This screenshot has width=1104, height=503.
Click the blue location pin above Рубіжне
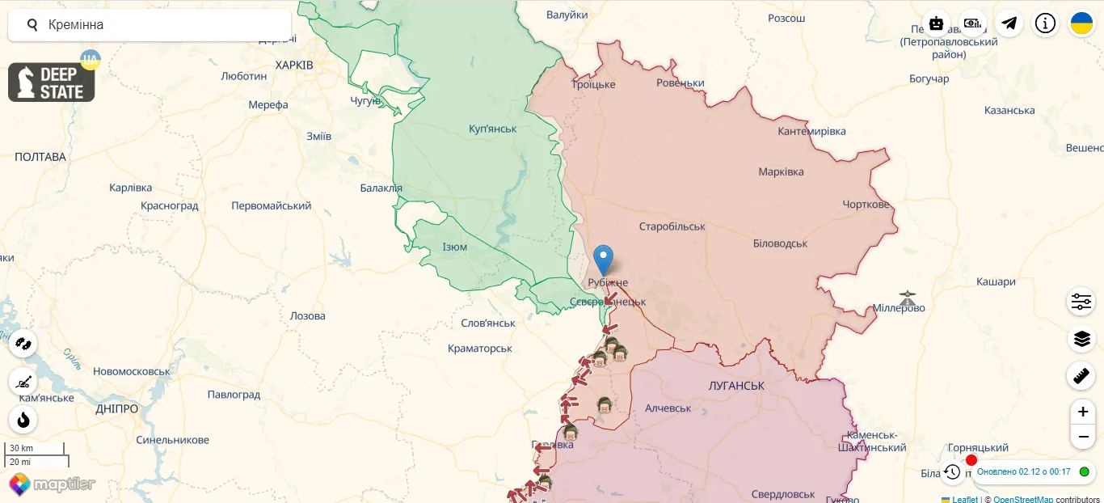[x=603, y=259]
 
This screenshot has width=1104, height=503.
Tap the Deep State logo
[x=52, y=82]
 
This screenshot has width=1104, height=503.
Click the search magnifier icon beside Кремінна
[x=32, y=25]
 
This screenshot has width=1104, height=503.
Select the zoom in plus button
[x=1082, y=412]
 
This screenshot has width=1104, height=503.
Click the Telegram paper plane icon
[x=1009, y=23]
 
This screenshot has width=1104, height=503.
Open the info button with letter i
[x=1045, y=23]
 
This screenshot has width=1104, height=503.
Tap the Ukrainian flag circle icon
[x=1081, y=23]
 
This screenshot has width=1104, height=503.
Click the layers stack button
[x=1081, y=339]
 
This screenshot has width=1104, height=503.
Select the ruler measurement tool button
[x=1081, y=376]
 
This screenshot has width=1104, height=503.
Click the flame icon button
[x=23, y=420]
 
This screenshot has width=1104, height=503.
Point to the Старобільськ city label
[x=672, y=226]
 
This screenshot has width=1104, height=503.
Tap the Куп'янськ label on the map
[x=492, y=129]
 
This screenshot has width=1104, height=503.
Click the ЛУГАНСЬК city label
[x=735, y=386]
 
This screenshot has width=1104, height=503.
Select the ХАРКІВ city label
[x=294, y=65]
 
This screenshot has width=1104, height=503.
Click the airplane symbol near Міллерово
[x=908, y=297]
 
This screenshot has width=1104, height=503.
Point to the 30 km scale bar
[x=34, y=448]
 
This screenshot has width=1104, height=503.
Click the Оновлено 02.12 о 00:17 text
[x=1023, y=471]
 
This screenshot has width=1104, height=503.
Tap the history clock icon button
[x=952, y=471]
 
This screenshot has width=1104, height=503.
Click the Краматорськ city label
[x=480, y=348]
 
